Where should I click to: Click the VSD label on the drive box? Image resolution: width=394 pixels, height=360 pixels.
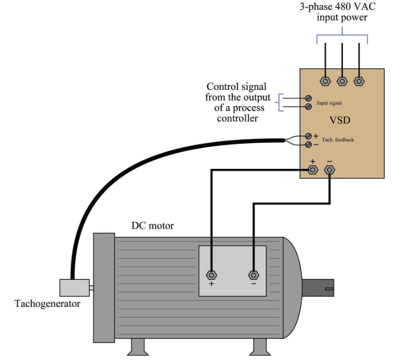click(x=340, y=120)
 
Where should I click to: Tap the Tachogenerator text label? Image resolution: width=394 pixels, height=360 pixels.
click(x=48, y=304)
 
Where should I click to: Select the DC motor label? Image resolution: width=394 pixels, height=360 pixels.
click(x=152, y=225)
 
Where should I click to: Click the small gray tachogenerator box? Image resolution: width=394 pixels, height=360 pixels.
click(x=74, y=288)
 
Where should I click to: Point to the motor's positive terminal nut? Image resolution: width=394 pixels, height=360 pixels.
click(x=211, y=275)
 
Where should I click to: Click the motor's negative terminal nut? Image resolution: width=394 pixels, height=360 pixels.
click(x=253, y=275)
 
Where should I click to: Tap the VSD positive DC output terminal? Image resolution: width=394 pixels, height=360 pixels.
click(x=312, y=170)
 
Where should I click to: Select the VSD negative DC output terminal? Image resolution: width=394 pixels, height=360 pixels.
click(x=330, y=170)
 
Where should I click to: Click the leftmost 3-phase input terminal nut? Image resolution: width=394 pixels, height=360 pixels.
click(x=325, y=81)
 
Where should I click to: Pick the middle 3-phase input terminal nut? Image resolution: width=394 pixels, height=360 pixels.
click(x=342, y=81)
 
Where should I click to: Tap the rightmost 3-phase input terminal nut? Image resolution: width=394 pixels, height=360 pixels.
click(x=359, y=81)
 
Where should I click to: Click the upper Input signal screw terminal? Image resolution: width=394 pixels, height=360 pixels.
click(x=309, y=98)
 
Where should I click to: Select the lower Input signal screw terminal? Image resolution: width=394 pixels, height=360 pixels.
click(x=309, y=107)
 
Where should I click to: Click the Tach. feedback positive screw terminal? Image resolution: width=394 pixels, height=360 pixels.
click(x=309, y=136)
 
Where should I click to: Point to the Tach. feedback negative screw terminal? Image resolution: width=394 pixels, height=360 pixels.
click(x=309, y=144)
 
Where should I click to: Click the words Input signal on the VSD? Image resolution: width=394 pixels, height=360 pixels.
click(x=329, y=103)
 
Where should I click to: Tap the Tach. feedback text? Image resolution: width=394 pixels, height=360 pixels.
click(x=338, y=139)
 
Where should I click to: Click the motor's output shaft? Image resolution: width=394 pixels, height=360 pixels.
click(x=318, y=288)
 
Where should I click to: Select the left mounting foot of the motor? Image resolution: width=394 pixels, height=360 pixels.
click(x=138, y=347)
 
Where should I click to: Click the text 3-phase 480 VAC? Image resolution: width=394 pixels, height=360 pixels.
click(x=338, y=7)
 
